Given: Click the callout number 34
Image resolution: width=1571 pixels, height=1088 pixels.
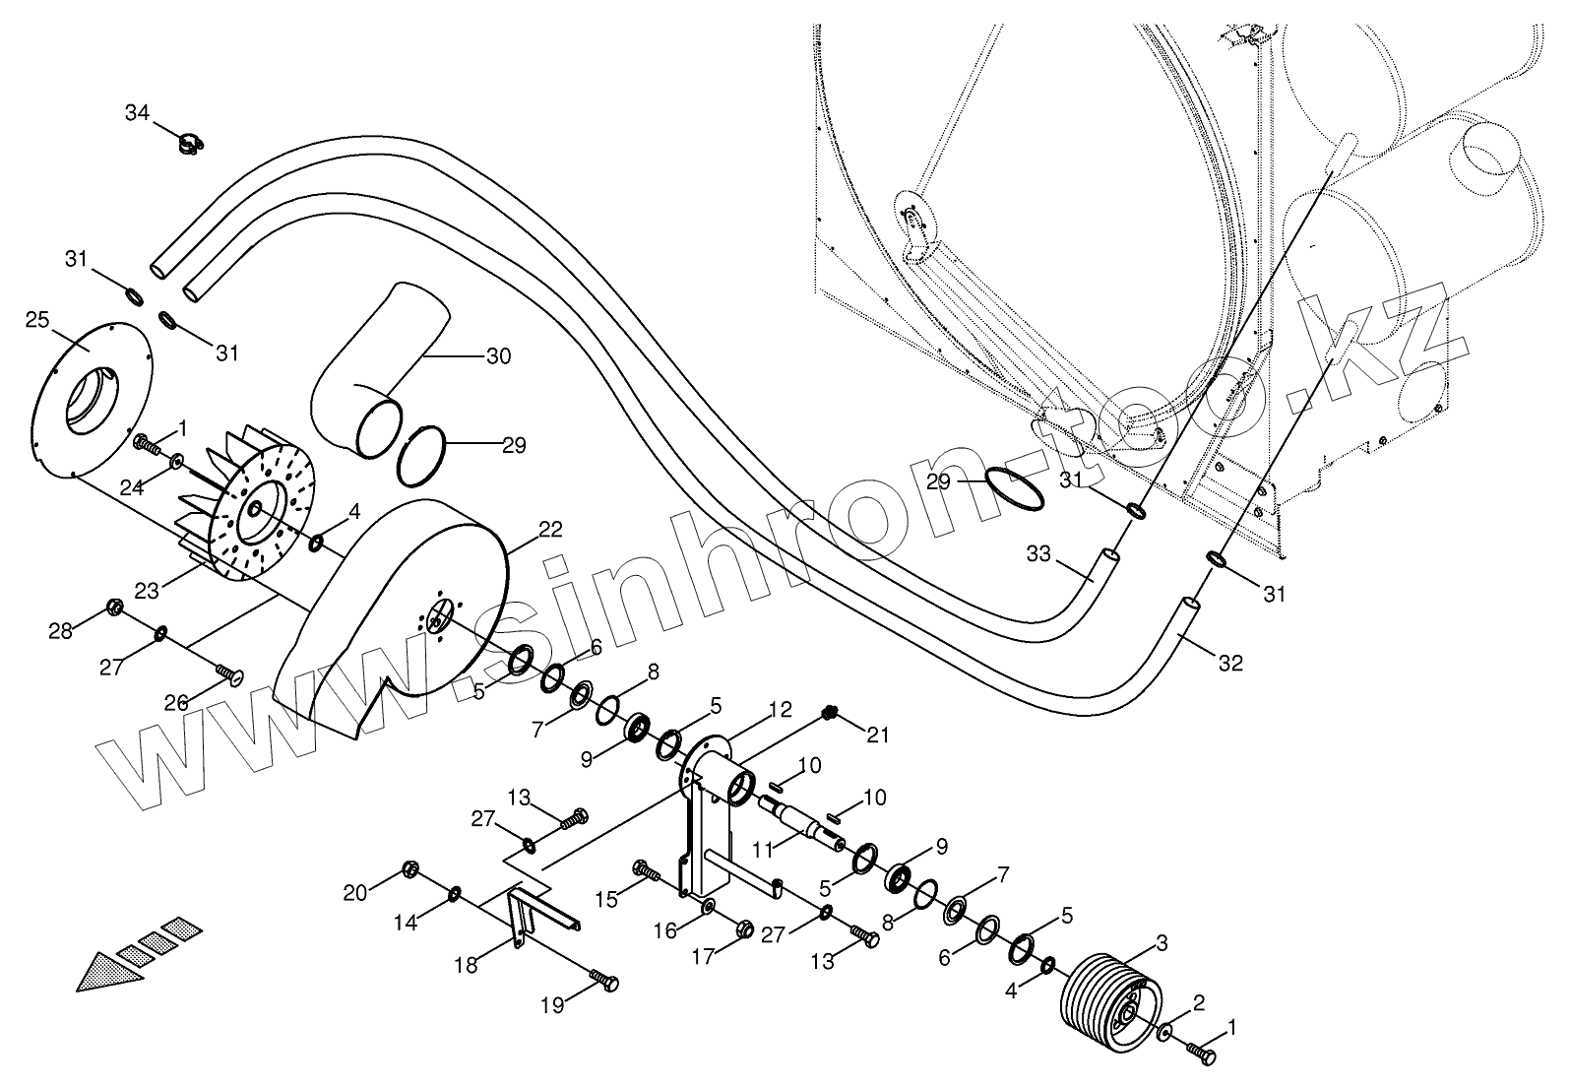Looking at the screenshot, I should [138, 112].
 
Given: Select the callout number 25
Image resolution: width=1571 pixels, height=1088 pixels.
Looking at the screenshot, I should [37, 319].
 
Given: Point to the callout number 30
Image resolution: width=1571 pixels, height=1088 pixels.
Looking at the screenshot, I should [499, 355].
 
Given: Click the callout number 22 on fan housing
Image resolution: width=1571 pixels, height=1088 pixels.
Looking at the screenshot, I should [550, 529].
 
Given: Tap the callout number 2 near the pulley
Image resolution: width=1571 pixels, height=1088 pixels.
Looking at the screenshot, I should [1198, 1003].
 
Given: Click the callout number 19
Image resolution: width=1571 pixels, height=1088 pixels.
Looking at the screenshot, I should [552, 1004].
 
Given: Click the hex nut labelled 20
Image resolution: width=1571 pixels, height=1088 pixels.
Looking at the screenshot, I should [411, 869].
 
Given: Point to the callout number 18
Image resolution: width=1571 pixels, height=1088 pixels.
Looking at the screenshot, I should [467, 965].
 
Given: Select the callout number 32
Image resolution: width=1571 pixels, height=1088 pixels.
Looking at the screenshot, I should [1230, 664].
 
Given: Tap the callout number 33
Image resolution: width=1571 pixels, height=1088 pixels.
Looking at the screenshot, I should [1038, 554].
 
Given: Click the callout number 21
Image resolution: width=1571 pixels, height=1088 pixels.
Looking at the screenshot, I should [877, 734].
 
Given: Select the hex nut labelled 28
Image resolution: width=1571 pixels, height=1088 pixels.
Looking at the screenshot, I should [113, 606].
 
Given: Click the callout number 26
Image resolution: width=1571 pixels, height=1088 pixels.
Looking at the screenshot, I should [176, 703].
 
